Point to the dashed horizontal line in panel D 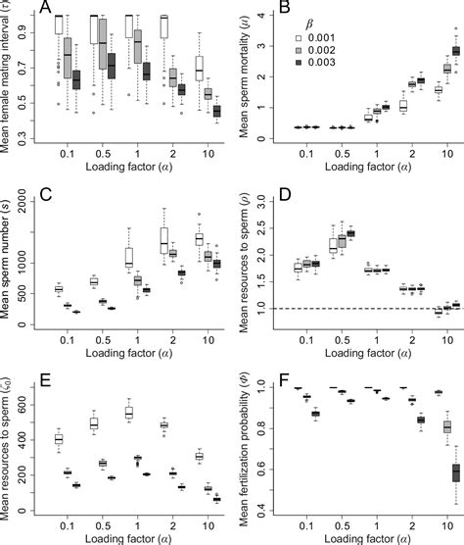362,309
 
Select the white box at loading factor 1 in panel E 127,413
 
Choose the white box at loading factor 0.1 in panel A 57,25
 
